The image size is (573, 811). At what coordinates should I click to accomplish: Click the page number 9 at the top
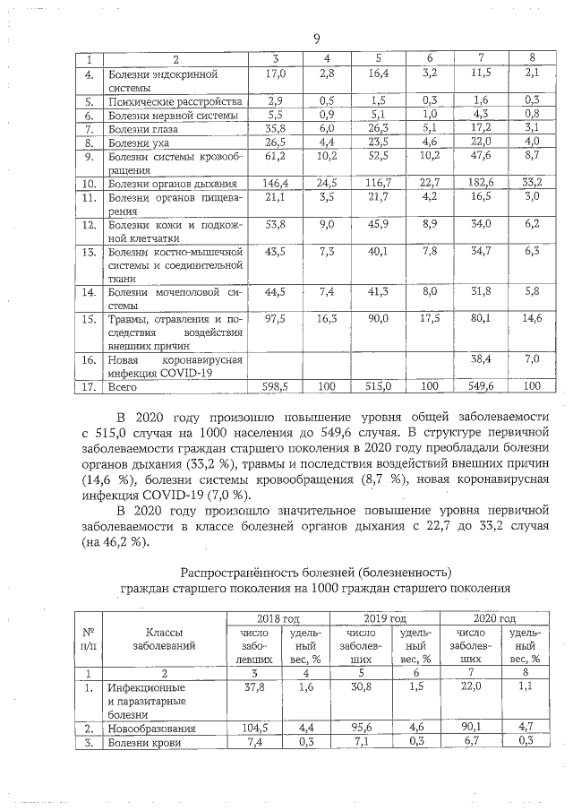[x=317, y=39]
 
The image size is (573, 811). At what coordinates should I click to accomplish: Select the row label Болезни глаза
[x=141, y=129]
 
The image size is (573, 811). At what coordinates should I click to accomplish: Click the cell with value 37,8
[x=258, y=687]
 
